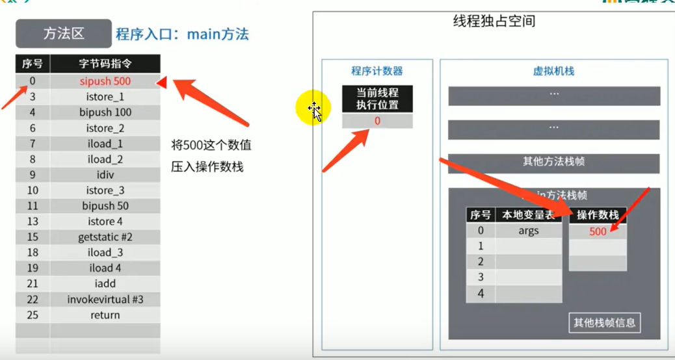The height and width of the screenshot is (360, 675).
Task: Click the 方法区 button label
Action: (64, 33)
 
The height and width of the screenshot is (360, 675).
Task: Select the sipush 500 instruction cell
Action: (105, 81)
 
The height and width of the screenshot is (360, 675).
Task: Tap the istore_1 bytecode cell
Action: (105, 97)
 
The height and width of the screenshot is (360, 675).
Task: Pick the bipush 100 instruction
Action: (105, 112)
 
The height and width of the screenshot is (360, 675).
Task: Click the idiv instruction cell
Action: (105, 175)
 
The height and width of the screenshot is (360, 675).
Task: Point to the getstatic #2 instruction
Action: (105, 237)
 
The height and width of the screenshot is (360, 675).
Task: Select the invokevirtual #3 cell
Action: (105, 300)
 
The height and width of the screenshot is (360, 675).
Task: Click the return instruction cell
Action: (105, 315)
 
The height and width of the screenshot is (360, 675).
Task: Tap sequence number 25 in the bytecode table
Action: (33, 315)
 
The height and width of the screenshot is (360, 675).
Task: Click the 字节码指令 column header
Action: (105, 64)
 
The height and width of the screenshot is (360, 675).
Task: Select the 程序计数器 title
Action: (377, 71)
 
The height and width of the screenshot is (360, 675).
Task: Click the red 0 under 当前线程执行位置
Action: (377, 121)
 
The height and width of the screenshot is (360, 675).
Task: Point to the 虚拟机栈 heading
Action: (553, 71)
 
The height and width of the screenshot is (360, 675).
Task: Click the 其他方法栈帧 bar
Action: (553, 162)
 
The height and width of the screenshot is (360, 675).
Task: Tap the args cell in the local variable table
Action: (528, 231)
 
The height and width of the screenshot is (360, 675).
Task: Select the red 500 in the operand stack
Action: (598, 231)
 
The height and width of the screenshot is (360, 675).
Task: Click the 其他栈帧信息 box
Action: (604, 322)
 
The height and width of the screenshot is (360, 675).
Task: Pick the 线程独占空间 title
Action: (494, 21)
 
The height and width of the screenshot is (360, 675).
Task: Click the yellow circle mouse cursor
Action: (314, 110)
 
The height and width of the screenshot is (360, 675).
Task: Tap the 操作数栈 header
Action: (598, 215)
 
